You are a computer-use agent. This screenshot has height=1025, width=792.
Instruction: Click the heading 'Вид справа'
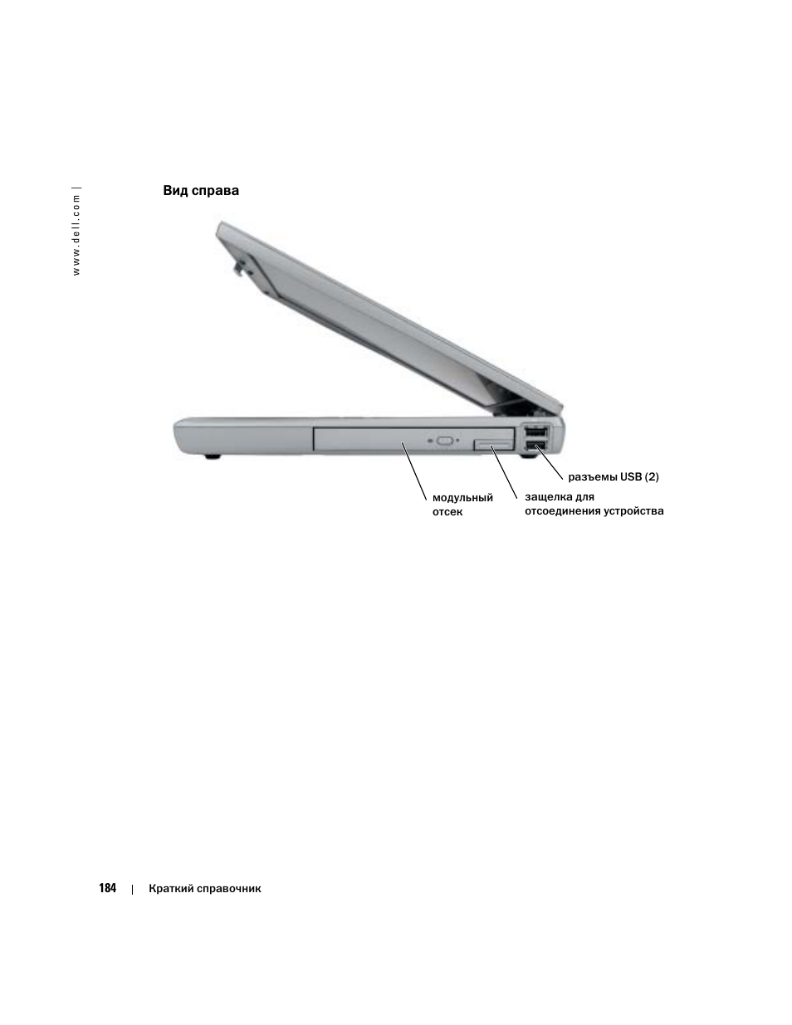pos(201,191)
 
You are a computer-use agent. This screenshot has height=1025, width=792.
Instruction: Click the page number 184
pos(107,888)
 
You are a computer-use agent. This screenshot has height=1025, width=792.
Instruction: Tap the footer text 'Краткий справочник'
pos(205,888)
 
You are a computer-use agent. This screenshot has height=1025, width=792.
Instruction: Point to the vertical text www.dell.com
pos(77,233)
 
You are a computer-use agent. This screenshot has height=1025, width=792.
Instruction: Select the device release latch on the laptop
pos(492,447)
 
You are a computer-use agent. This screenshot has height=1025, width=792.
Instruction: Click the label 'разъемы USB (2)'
pos(614,477)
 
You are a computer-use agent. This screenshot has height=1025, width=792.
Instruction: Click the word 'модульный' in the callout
pos(462,498)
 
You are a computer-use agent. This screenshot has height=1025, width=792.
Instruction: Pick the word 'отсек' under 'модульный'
pos(447,512)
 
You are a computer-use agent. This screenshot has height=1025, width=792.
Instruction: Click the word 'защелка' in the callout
pos(543,497)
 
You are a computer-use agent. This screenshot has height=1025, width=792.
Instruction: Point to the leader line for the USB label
pos(550,461)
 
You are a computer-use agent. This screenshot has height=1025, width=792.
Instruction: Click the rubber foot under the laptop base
pos(213,456)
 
